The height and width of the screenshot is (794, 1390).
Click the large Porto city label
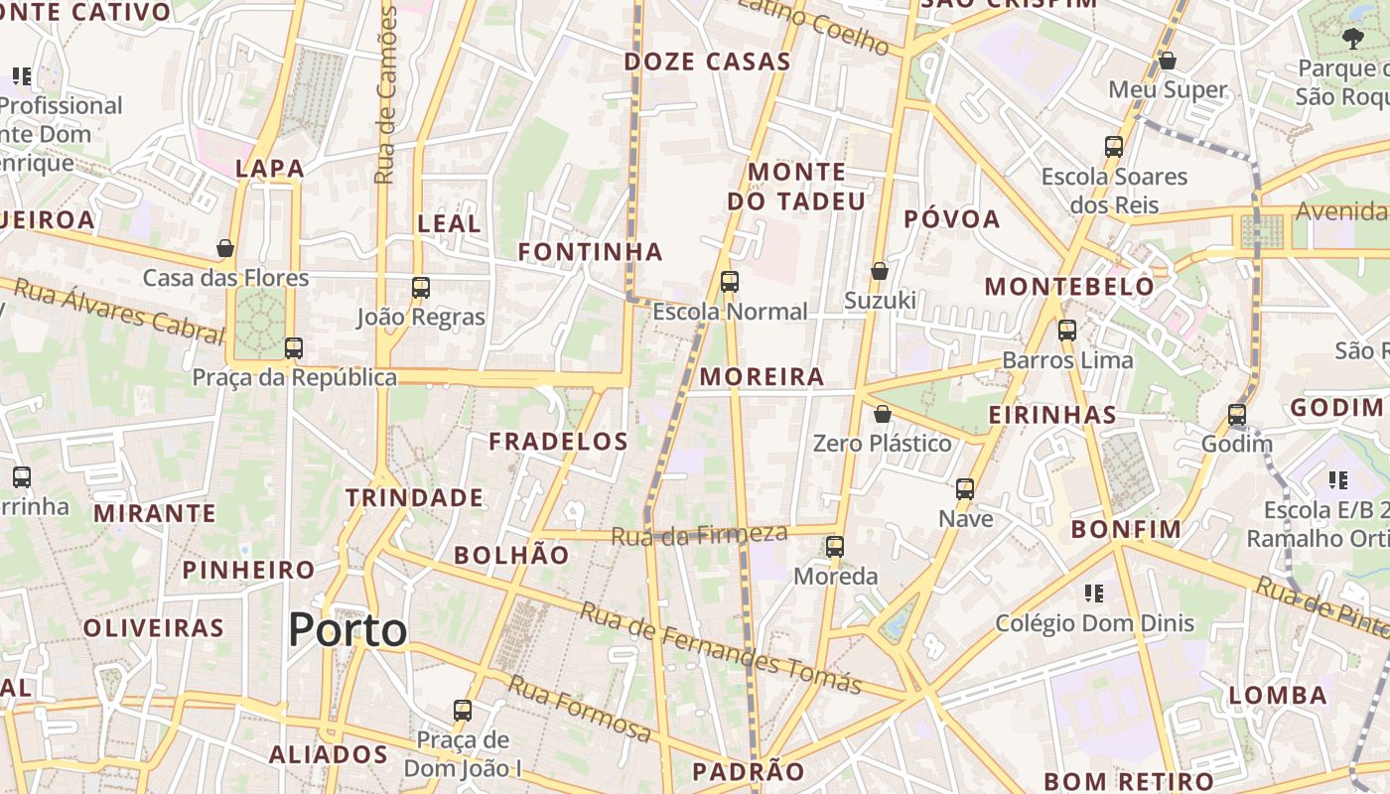tap(347, 630)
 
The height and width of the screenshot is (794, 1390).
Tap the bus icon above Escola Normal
tap(730, 282)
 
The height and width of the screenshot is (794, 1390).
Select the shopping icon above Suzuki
tap(879, 271)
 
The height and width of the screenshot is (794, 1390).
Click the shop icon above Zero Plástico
tap(882, 414)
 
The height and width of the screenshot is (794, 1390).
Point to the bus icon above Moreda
tap(835, 547)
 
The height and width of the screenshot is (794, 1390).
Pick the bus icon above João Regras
tap(421, 288)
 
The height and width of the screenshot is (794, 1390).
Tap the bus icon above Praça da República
tap(293, 348)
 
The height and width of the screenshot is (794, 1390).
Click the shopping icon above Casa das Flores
tap(225, 248)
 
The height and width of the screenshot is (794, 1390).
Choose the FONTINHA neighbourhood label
tap(590, 252)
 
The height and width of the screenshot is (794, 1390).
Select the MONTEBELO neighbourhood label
tap(1069, 288)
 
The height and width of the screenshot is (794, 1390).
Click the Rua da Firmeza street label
tap(699, 535)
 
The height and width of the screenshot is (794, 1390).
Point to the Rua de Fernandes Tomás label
tap(720, 648)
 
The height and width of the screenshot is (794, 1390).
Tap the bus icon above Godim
tap(1236, 415)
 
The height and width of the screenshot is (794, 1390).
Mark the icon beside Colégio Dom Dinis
tap(1094, 594)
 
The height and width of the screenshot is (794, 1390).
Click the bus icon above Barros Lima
tap(1067, 331)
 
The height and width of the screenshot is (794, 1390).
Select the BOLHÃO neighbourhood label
tap(511, 556)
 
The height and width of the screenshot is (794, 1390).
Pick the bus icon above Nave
tap(965, 489)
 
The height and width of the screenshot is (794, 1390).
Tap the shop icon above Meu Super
tap(1168, 61)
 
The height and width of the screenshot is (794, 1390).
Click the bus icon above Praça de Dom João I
tap(463, 711)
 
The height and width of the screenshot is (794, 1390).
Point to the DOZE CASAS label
tap(707, 62)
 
